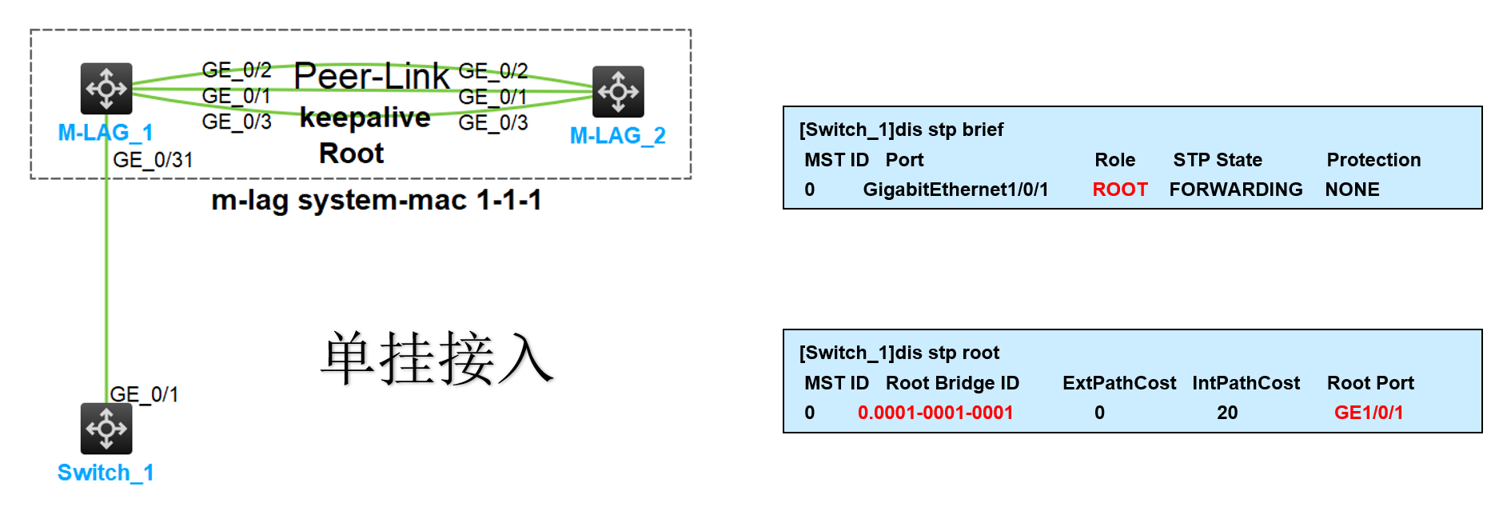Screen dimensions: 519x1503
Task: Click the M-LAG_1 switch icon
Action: point(106,89)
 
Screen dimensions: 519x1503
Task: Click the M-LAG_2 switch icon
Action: point(618,91)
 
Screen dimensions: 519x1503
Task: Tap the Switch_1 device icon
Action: point(106,429)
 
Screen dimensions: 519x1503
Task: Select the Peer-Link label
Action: point(372,77)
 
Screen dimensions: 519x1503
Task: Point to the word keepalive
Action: point(365,118)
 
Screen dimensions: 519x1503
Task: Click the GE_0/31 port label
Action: point(153,160)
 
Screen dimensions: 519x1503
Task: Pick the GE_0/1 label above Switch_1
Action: point(144,394)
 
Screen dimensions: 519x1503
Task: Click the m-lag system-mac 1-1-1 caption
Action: point(376,200)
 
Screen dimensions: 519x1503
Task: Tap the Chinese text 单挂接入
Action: point(437,358)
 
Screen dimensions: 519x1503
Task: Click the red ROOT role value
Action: point(1120,190)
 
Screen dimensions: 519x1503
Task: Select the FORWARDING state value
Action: point(1236,190)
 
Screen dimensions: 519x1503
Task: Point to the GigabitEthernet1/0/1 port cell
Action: point(955,190)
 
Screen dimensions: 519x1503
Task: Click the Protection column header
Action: point(1373,160)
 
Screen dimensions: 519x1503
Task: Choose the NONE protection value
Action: point(1352,190)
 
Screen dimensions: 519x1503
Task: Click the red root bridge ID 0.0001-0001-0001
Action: point(935,413)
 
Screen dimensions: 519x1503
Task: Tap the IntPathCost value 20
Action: point(1227,413)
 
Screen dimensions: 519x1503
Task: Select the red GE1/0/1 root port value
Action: point(1369,413)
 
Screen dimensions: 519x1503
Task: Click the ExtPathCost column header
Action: point(1119,383)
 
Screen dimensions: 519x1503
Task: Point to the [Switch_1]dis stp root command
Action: point(899,353)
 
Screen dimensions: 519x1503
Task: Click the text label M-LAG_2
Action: point(618,136)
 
